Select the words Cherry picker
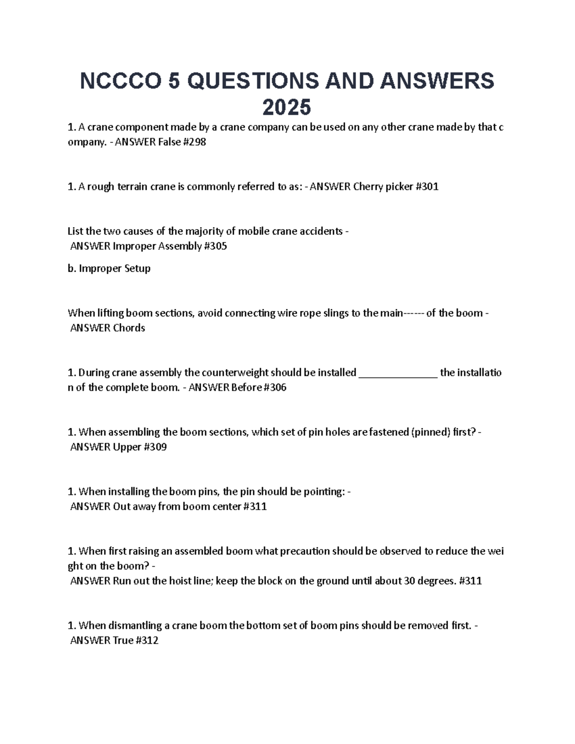coord(383,187)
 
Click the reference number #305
coord(215,246)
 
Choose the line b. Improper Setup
coord(109,268)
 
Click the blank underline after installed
coord(398,373)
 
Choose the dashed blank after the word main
coord(414,313)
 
